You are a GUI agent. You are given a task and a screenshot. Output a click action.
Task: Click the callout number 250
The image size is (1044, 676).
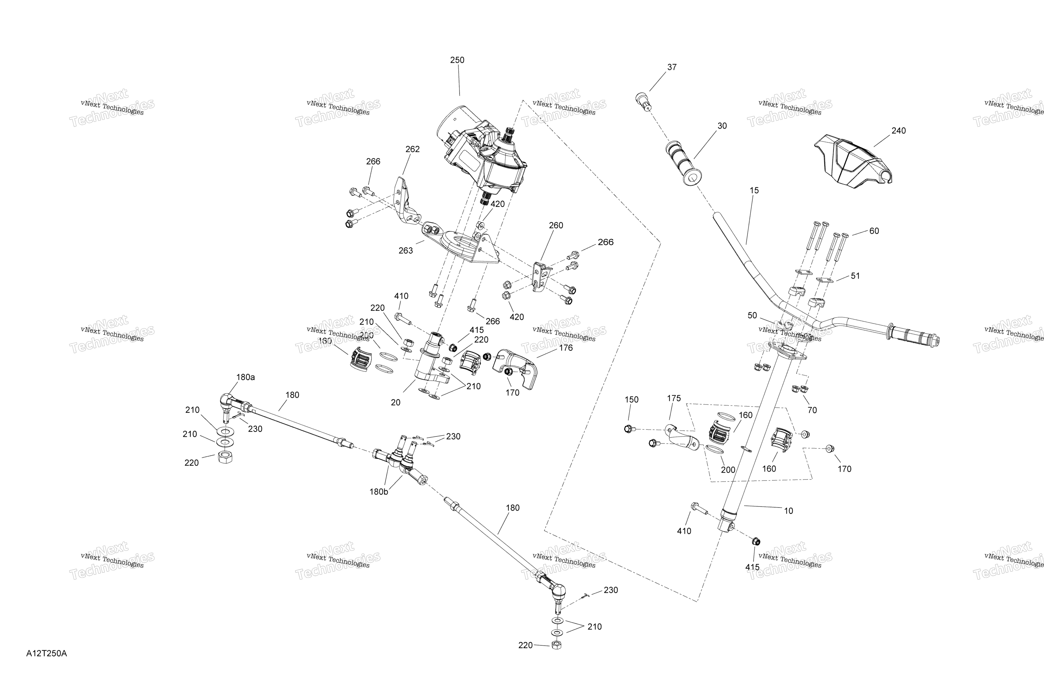pyautogui.click(x=457, y=60)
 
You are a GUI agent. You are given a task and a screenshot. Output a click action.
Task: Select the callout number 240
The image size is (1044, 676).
pyautogui.click(x=898, y=131)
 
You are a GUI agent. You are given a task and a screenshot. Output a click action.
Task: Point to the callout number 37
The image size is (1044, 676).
pyautogui.click(x=672, y=67)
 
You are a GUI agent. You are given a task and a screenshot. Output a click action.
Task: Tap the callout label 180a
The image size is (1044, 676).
pyautogui.click(x=245, y=377)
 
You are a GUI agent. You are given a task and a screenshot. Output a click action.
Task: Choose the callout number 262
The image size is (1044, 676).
pyautogui.click(x=412, y=149)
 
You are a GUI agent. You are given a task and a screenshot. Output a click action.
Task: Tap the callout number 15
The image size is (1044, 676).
pyautogui.click(x=754, y=191)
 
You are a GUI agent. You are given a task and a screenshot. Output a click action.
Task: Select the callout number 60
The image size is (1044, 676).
pyautogui.click(x=874, y=231)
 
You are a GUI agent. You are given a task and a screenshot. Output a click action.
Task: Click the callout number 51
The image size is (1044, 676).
pyautogui.click(x=855, y=276)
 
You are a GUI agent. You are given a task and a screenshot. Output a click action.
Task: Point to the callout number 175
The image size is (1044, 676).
pyautogui.click(x=674, y=398)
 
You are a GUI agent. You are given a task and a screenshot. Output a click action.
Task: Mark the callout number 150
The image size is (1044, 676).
pyautogui.click(x=631, y=400)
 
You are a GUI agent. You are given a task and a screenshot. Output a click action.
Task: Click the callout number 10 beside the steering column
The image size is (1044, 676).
pyautogui.click(x=788, y=511)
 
